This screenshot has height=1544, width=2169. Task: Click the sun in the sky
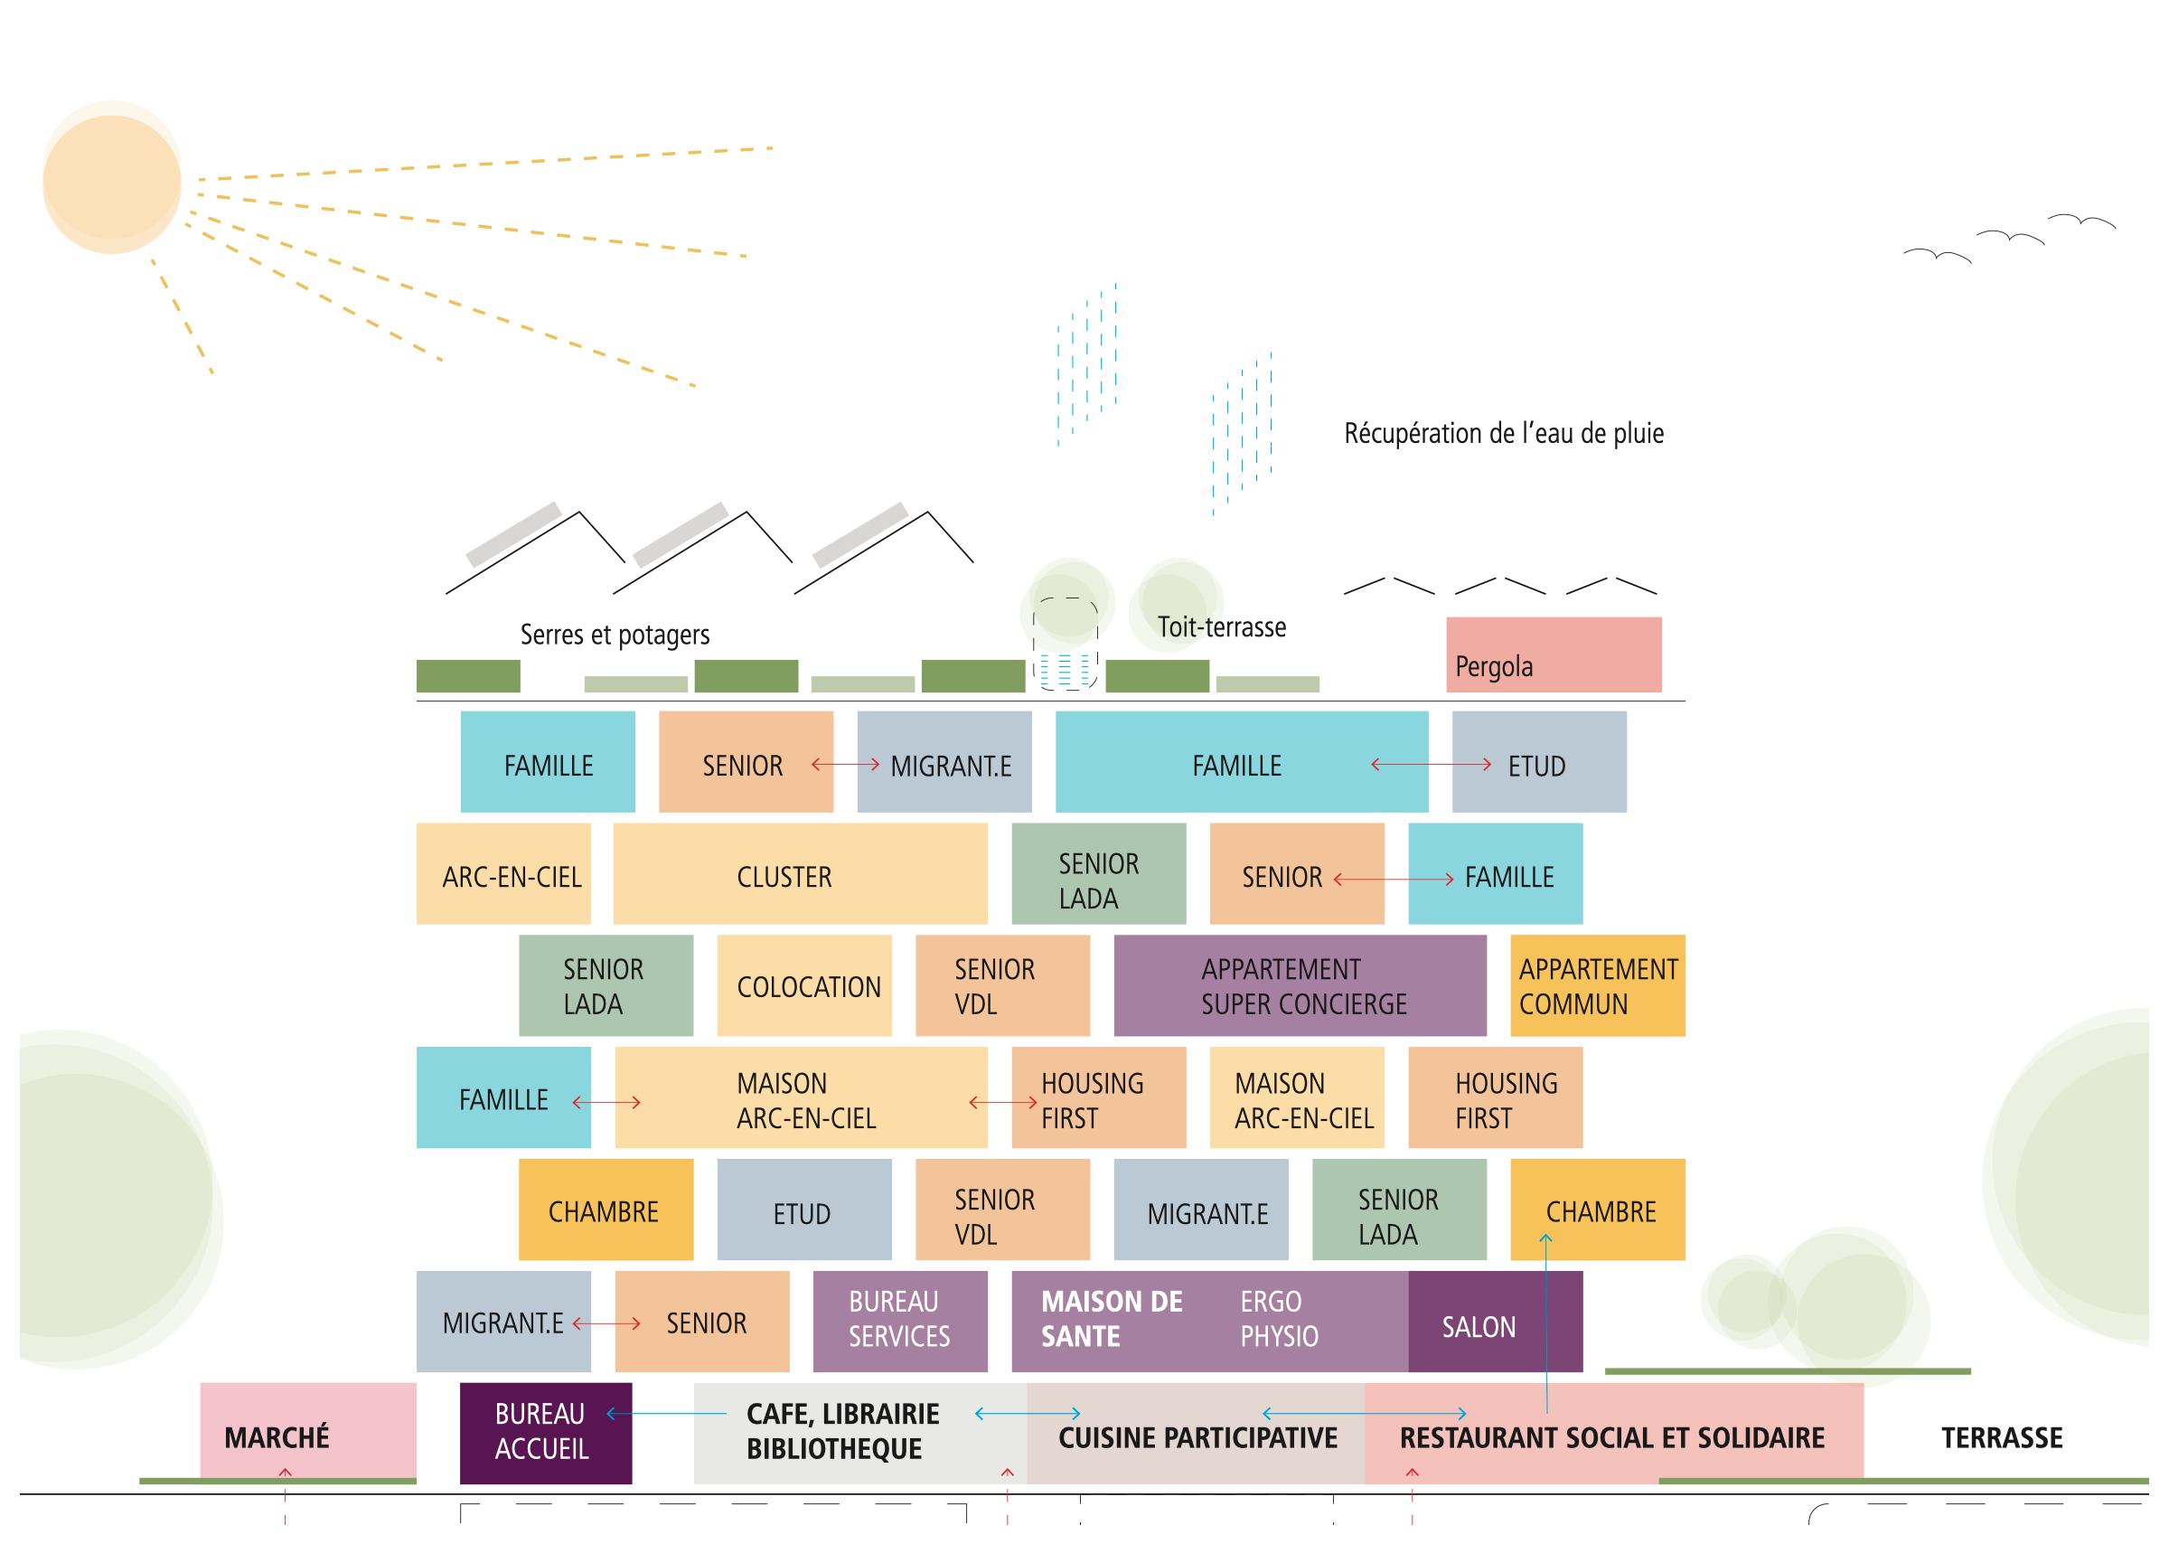pyautogui.click(x=112, y=178)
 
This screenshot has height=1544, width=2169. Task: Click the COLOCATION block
pyautogui.click(x=804, y=986)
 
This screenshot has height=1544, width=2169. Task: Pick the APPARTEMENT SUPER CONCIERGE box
pyautogui.click(x=1300, y=986)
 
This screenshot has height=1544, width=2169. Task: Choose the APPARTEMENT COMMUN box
pyautogui.click(x=1597, y=986)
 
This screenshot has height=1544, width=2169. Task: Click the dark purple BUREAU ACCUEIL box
pyautogui.click(x=546, y=1433)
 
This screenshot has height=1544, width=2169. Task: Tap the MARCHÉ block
pyautogui.click(x=308, y=1433)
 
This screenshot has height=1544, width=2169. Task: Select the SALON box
pyautogui.click(x=1495, y=1322)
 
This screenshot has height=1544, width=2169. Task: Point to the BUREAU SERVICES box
pyautogui.click(x=900, y=1322)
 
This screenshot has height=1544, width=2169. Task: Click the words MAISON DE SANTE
pyautogui.click(x=1111, y=1319)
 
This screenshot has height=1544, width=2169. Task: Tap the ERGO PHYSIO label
pyautogui.click(x=1279, y=1319)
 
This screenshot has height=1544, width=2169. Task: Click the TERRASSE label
pyautogui.click(x=2001, y=1437)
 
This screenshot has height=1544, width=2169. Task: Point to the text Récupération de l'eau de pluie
pyautogui.click(x=1504, y=434)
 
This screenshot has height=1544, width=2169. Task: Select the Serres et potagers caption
pyautogui.click(x=614, y=635)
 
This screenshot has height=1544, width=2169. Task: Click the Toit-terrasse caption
pyautogui.click(x=1221, y=627)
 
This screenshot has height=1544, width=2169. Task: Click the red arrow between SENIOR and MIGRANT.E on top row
pyautogui.click(x=845, y=765)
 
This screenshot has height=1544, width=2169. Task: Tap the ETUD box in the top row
pyautogui.click(x=1539, y=761)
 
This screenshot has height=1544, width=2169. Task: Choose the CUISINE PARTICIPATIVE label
pyautogui.click(x=1197, y=1438)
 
